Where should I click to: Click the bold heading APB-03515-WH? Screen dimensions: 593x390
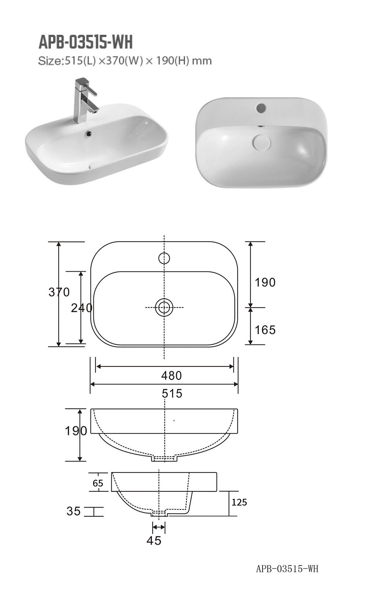coord(85,43)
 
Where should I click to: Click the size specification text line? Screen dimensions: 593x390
coord(125,61)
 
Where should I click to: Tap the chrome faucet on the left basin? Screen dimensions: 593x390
coord(85,99)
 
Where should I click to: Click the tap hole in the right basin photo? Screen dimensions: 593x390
coord(261,108)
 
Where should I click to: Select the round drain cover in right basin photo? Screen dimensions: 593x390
coord(261,141)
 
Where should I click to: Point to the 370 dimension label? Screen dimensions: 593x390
coord(59,292)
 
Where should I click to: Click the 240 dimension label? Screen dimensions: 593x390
coord(82,308)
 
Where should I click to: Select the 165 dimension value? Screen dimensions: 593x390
coord(265,330)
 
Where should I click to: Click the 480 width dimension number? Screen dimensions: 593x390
coord(171,375)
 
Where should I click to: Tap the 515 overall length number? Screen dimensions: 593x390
coord(172,393)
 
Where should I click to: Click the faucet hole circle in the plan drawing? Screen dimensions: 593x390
coord(164,258)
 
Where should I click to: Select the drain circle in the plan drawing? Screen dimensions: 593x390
coord(164,307)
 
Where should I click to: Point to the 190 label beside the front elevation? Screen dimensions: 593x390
coord(76,431)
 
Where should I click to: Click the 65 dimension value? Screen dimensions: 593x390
coord(98,483)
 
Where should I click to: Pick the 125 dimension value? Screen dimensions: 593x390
coord(239,502)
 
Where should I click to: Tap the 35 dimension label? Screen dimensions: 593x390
coord(74,511)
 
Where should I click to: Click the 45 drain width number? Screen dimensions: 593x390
coord(154,541)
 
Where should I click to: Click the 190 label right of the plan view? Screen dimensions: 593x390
coord(265,282)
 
